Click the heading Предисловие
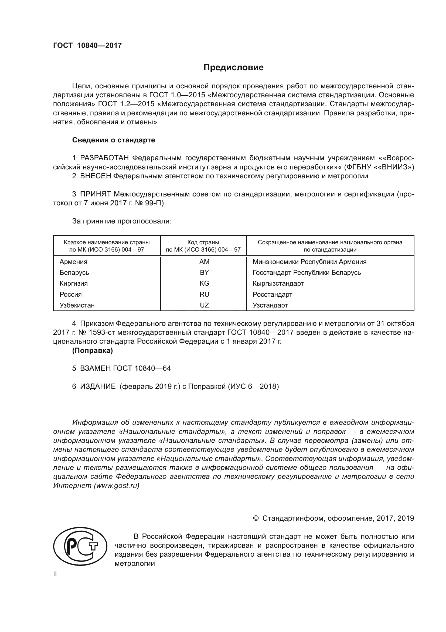pyautogui.click(x=233, y=68)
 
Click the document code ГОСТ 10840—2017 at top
pyautogui.click(x=87, y=46)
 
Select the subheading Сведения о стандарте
pyautogui.click(x=114, y=140)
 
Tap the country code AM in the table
pyautogui.click(x=204, y=262)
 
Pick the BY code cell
pyautogui.click(x=204, y=273)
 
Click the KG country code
pyautogui.click(x=204, y=283)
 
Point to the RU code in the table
pyautogui.click(x=204, y=294)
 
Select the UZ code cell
pyautogui.click(x=204, y=305)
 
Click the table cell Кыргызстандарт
pyautogui.click(x=278, y=283)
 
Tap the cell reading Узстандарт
pyautogui.click(x=270, y=305)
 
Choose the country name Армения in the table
pyautogui.click(x=73, y=262)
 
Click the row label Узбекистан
pyautogui.click(x=77, y=305)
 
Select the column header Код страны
pyautogui.click(x=203, y=242)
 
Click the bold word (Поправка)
pyautogui.click(x=92, y=351)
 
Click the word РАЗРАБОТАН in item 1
pyautogui.click(x=104, y=158)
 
